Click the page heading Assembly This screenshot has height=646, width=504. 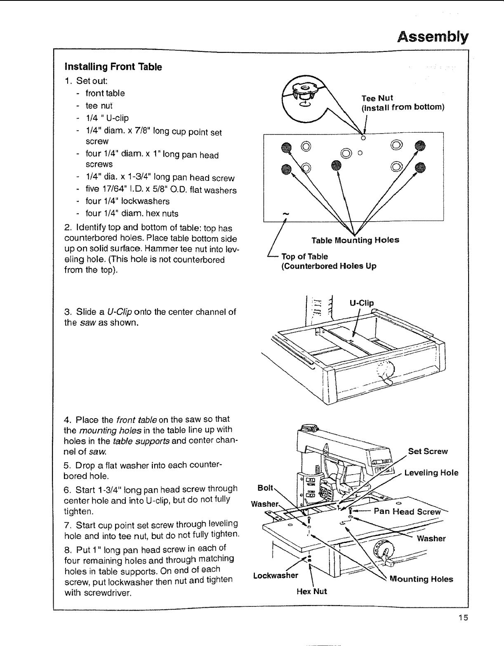pos(433,37)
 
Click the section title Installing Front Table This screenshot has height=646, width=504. pos(113,67)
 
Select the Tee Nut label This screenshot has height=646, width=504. pos(377,98)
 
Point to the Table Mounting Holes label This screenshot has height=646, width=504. pos(355,240)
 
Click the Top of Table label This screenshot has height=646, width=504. pos(304,256)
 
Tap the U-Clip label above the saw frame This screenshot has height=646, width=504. pos(361,303)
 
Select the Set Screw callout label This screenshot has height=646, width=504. pos(428,451)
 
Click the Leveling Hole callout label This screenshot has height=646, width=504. pos(431,473)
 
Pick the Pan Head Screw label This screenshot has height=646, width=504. pos(407,512)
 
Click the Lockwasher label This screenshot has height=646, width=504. pos(276,575)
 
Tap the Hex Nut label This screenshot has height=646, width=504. pos(311,591)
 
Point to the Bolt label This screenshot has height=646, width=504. pos(265,488)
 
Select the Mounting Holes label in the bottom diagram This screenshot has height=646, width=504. pos(421,579)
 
